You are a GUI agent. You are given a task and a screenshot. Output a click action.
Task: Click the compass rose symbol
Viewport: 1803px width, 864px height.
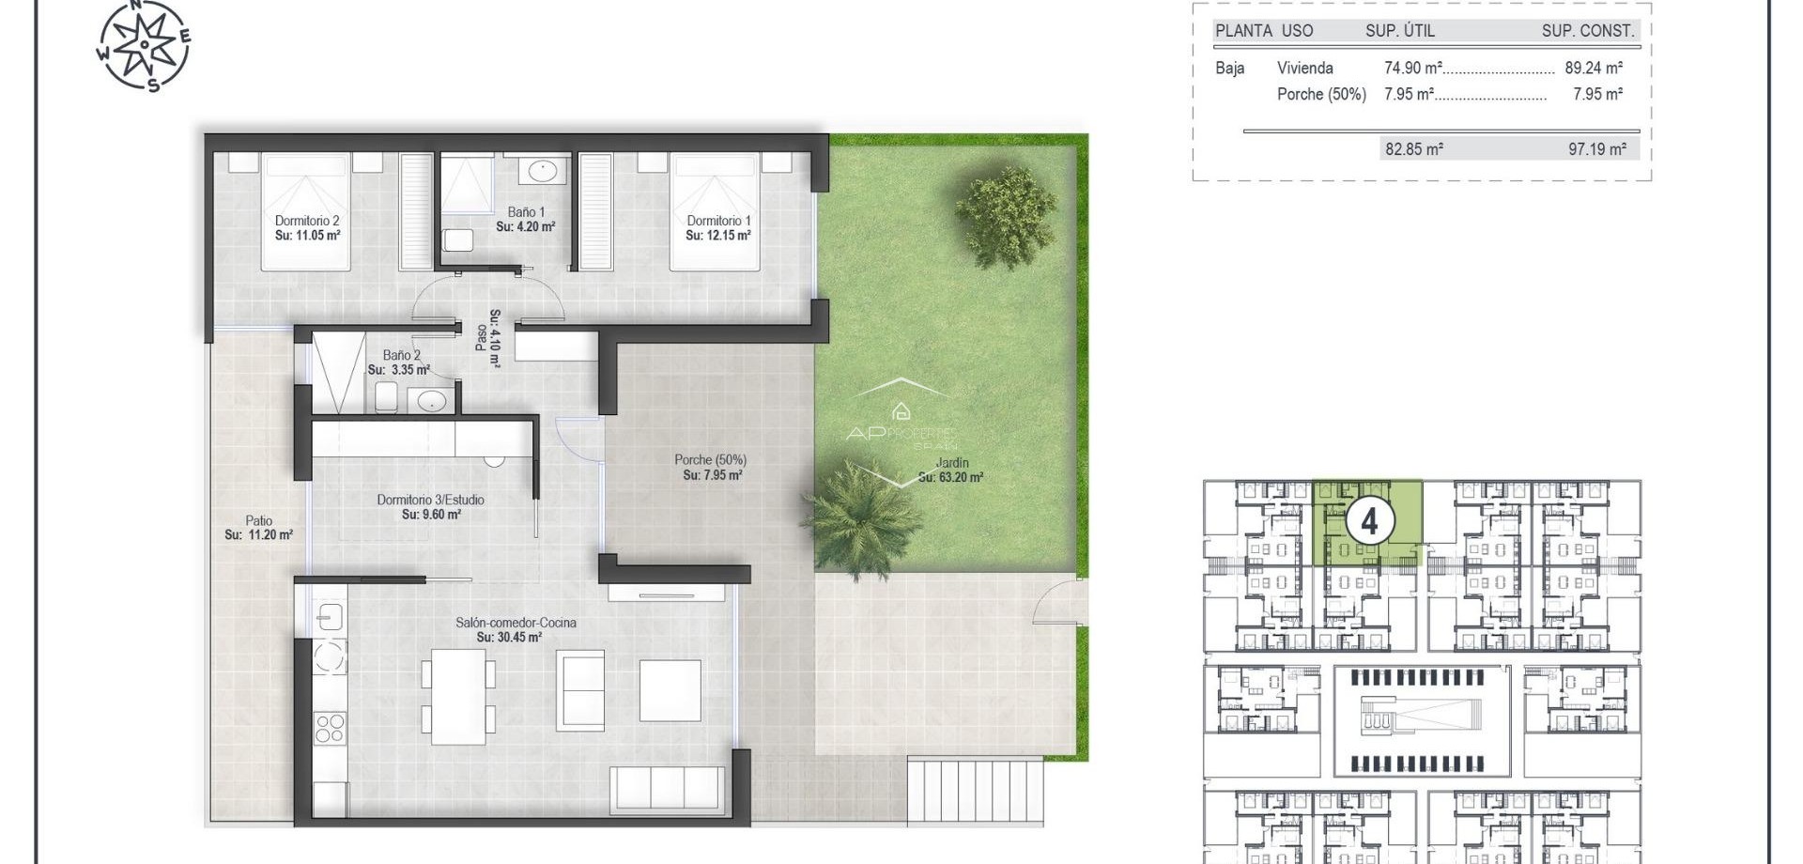pyautogui.click(x=144, y=45)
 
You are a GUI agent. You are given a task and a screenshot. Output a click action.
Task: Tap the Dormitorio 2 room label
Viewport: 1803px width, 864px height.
pyautogui.click(x=307, y=221)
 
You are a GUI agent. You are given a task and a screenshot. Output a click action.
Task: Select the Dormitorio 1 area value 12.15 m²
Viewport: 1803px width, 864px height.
pyautogui.click(x=718, y=236)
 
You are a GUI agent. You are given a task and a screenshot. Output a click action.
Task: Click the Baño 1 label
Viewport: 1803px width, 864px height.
pyautogui.click(x=526, y=212)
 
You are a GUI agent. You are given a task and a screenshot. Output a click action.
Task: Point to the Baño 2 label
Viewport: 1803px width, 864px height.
pyautogui.click(x=401, y=355)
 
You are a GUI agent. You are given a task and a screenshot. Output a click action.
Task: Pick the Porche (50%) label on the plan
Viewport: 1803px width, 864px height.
pyautogui.click(x=710, y=460)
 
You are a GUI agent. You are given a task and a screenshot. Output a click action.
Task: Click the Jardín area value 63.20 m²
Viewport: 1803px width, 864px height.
pyautogui.click(x=951, y=477)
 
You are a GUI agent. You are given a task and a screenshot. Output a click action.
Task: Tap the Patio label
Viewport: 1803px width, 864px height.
pyautogui.click(x=259, y=520)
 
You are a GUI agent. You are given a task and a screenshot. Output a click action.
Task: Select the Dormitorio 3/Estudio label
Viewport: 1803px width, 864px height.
pyautogui.click(x=431, y=500)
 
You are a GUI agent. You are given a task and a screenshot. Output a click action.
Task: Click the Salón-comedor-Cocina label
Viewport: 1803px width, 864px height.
pyautogui.click(x=516, y=623)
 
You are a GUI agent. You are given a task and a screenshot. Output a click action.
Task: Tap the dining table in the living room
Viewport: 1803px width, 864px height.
pyautogui.click(x=458, y=696)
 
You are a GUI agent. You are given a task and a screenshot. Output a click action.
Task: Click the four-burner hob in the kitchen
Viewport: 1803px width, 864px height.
pyautogui.click(x=329, y=729)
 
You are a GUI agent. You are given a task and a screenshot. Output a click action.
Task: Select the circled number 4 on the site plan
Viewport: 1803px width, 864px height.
pyautogui.click(x=1369, y=520)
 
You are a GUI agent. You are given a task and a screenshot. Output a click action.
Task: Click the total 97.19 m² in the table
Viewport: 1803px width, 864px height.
pyautogui.click(x=1597, y=148)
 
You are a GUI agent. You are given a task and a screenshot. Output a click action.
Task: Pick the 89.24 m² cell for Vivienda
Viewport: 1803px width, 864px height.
pyautogui.click(x=1594, y=68)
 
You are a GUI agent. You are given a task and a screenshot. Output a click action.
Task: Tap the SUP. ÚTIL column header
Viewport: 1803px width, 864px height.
pyautogui.click(x=1399, y=30)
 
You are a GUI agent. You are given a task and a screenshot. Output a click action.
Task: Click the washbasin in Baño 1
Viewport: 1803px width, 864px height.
pyautogui.click(x=542, y=172)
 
